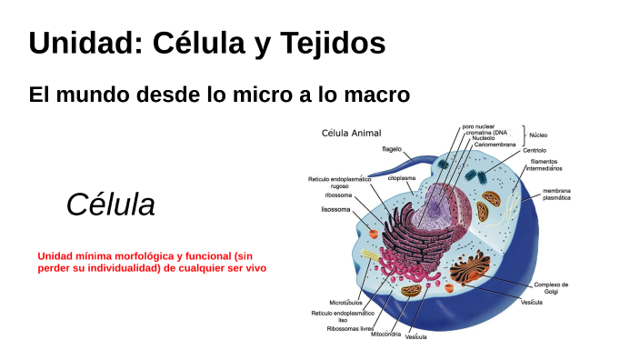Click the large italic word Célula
coord(110,205)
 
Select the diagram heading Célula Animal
coord(352,133)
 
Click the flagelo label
coord(392,148)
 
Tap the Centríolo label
coord(535,150)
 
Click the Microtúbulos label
coord(345,302)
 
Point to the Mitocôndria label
coord(386,334)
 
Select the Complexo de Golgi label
coord(552,287)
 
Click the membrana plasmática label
coord(556,194)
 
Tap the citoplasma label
coord(402,178)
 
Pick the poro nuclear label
coord(480,126)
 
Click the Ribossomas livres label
coord(351,328)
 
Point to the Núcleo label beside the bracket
coord(538,135)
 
